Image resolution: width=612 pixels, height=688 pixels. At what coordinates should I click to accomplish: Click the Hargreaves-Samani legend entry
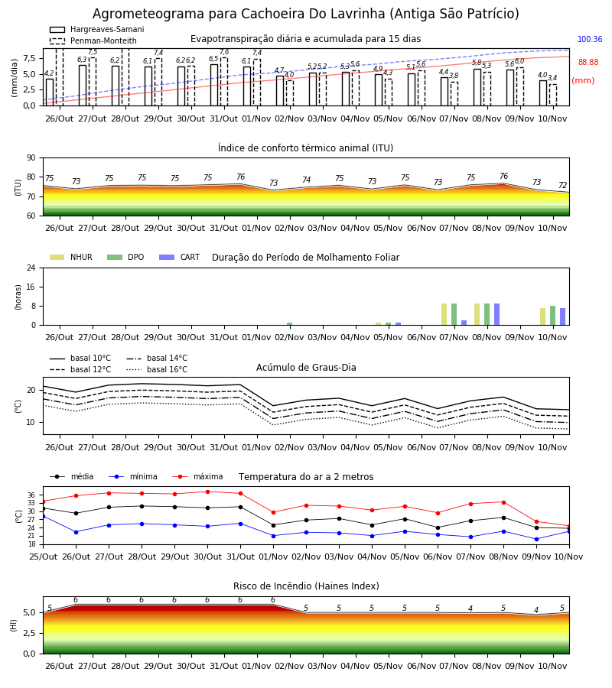pos(96,29)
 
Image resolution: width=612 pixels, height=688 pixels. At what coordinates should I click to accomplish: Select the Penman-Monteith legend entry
pos(93,41)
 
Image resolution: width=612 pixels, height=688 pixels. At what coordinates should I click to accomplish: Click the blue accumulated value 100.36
pos(590,40)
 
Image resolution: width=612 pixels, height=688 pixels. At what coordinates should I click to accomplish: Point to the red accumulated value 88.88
pos(588,63)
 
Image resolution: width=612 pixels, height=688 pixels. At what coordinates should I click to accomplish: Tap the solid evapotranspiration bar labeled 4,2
pos(50,92)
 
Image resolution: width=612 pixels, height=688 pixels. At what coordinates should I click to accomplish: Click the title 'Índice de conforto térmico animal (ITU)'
pos(305,148)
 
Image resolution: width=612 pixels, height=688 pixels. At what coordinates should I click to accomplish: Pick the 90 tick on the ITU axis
pos(31,158)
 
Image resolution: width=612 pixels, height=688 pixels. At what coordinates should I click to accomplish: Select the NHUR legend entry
pos(71,257)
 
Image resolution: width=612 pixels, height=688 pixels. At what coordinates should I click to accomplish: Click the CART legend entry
pos(180,257)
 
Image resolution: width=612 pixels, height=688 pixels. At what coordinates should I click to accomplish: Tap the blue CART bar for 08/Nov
pos(497,314)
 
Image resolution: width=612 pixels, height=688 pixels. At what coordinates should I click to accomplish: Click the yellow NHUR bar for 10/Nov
pos(542,316)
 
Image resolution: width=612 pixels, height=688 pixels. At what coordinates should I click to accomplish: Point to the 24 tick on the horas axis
pos(31,268)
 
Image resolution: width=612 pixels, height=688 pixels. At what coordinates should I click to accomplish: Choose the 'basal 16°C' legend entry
pos(157,369)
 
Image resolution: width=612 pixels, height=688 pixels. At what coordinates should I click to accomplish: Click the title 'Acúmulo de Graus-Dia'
pos(306,367)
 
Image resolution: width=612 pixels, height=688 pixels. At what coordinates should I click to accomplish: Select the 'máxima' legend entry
pos(197,476)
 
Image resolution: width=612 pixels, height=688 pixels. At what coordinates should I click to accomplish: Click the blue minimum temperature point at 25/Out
pos(43,517)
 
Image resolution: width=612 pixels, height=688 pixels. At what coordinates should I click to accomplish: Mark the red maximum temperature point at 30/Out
pos(207,492)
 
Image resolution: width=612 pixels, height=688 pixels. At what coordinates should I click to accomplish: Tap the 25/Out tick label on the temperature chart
pos(44,557)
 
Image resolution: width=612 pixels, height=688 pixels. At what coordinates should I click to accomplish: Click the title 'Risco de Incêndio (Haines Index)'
pos(306,586)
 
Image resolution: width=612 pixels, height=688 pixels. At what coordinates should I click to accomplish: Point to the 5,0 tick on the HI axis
pos(29,613)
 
